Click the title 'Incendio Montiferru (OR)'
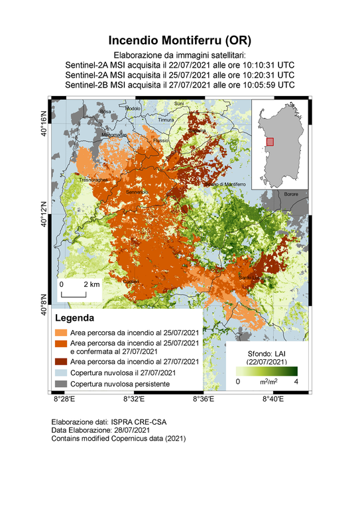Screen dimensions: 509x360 click(x=180, y=40)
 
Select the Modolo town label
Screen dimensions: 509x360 click(x=133, y=108)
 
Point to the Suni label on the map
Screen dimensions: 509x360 click(x=178, y=104)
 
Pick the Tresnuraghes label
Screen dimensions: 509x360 click(x=93, y=180)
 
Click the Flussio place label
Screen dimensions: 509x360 click(x=161, y=141)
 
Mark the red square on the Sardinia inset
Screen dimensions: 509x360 click(x=270, y=141)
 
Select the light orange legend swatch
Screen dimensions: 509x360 click(x=60, y=332)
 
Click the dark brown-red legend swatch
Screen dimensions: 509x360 click(x=60, y=362)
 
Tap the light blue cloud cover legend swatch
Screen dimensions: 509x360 click(x=60, y=373)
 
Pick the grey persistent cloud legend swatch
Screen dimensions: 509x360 click(x=60, y=384)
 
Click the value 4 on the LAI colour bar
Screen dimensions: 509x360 click(x=296, y=382)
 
